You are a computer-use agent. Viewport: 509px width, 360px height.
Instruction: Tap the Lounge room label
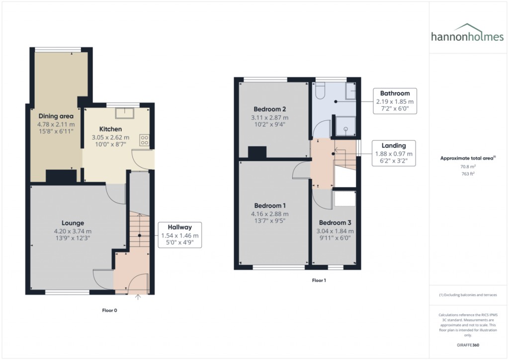[73, 223]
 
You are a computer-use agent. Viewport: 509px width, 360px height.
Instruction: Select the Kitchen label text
[110, 129]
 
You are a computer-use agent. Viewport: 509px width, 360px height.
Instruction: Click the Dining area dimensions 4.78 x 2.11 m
[56, 125]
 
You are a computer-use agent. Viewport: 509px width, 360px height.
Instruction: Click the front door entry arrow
[138, 297]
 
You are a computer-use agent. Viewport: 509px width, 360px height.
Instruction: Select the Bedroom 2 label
[269, 109]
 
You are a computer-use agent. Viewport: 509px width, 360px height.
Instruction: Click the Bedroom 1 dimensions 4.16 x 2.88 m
[270, 214]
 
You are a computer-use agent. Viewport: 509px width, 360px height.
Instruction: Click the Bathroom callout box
[395, 101]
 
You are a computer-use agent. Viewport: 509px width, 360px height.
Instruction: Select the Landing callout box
[393, 153]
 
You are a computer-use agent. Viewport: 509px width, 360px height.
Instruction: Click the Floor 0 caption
[109, 310]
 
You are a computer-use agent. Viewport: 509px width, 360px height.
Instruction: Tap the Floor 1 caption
[319, 280]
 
